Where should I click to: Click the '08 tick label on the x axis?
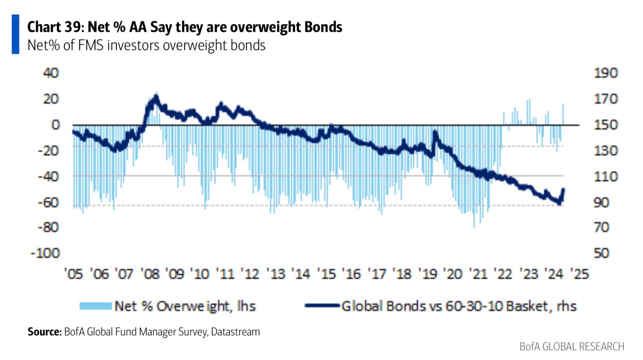coord(149,274)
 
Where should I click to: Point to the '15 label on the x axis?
coord(327,274)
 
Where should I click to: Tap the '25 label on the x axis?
coord(579,274)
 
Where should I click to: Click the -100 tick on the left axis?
coord(45,253)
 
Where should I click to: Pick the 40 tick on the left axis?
coord(51,73)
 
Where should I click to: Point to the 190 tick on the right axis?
coord(605,73)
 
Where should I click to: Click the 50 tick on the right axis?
coord(601,253)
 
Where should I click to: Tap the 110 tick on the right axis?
coord(605,177)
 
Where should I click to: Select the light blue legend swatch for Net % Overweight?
coord(95,306)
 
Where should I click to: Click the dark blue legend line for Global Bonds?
coord(322,306)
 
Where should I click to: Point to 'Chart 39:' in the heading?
coord(56,27)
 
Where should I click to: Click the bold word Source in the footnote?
coord(44,332)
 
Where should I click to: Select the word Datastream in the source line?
coord(235,332)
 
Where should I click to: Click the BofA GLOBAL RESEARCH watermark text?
coord(572,346)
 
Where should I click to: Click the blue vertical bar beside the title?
coord(15,34)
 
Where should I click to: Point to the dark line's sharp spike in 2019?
coord(435,133)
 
